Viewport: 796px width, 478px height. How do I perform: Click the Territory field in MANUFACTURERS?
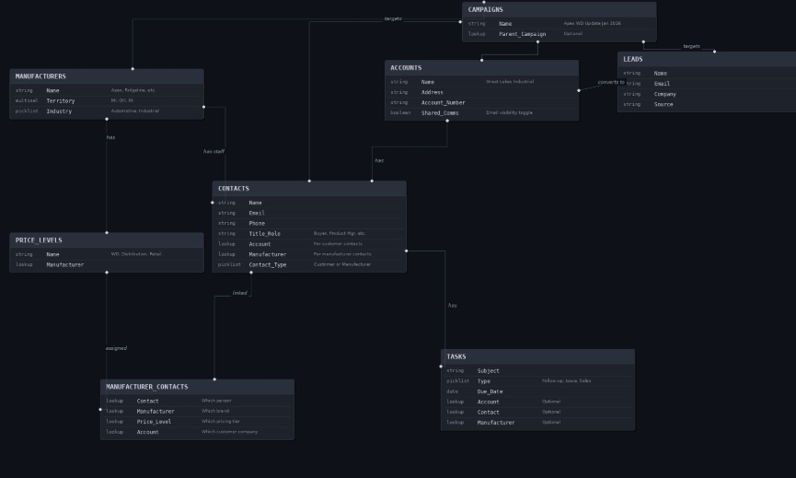coord(61,100)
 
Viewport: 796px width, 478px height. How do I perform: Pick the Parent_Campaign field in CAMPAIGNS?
coord(522,34)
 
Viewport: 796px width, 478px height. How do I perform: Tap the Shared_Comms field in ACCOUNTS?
coord(440,112)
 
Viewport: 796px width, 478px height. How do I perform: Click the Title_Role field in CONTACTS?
coord(264,234)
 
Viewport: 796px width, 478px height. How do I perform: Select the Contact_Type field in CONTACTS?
coord(267,264)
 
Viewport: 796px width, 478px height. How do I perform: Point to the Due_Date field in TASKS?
coord(490,391)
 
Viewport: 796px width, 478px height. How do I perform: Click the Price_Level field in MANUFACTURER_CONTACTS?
coord(154,422)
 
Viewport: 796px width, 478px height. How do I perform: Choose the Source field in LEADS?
coord(663,104)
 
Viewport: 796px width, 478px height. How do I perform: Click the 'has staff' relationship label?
coord(213,151)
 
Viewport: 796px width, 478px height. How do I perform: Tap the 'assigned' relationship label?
coord(116,348)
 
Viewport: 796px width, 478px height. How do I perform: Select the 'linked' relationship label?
coord(239,293)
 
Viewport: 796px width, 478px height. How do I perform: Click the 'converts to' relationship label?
coord(611,82)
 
